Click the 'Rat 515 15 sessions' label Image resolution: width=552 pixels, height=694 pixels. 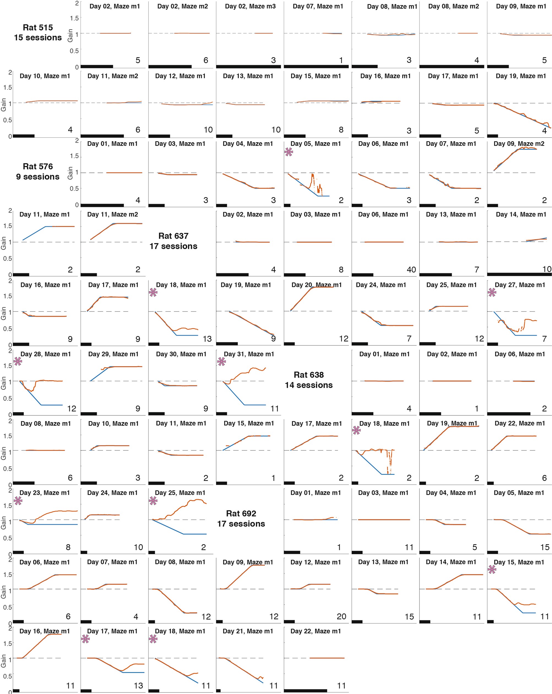(x=38, y=32)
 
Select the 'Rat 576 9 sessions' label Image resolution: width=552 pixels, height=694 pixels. (x=38, y=172)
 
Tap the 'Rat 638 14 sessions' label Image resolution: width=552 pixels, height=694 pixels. (x=308, y=380)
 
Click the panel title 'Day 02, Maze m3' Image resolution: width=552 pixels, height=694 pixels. (x=250, y=6)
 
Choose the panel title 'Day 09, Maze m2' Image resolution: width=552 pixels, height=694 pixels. (x=519, y=144)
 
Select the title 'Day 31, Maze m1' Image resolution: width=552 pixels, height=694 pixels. (x=249, y=354)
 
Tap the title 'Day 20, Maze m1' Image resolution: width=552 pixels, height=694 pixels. (x=316, y=285)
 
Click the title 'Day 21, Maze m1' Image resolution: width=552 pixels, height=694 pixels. (x=248, y=631)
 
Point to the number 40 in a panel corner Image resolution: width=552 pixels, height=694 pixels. (x=411, y=270)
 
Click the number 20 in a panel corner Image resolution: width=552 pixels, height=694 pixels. (x=341, y=616)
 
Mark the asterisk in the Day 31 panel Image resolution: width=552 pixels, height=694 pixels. (x=221, y=361)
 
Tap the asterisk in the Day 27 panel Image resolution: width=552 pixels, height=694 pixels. (x=492, y=292)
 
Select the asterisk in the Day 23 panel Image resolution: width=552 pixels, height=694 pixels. (x=18, y=500)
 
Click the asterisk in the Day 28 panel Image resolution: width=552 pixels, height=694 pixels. (x=18, y=361)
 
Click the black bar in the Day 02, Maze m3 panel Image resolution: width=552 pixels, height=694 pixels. (x=248, y=67)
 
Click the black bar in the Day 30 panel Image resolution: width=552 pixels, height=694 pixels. (x=156, y=414)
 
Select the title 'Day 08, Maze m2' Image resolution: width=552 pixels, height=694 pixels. (x=453, y=6)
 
